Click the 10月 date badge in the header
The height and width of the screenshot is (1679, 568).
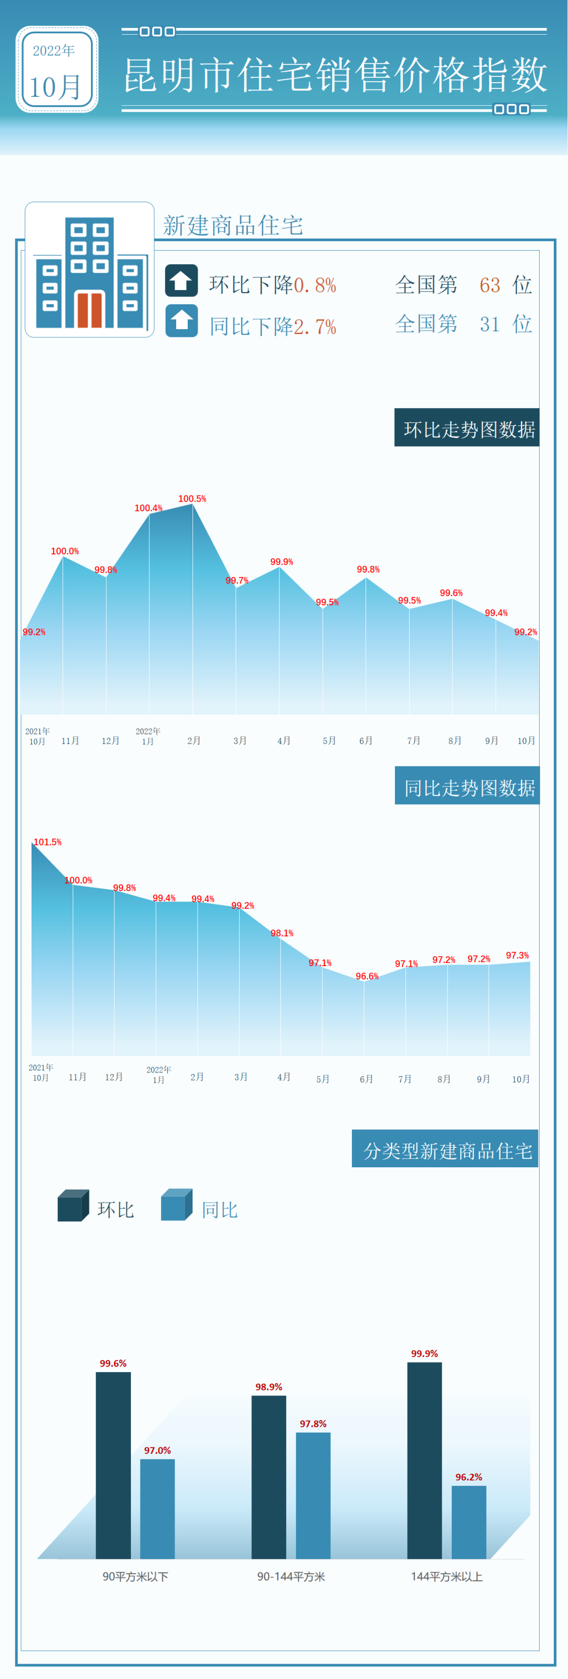(57, 69)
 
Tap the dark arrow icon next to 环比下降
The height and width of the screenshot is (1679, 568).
(181, 280)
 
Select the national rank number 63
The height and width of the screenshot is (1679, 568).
(490, 285)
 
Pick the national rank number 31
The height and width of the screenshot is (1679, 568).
(490, 324)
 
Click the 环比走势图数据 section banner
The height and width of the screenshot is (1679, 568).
(467, 428)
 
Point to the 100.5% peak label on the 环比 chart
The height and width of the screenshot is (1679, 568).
(192, 499)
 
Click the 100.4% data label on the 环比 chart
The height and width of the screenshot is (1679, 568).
(148, 508)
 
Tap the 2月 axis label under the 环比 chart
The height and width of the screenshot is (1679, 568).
(194, 740)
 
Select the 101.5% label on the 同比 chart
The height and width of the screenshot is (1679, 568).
(47, 842)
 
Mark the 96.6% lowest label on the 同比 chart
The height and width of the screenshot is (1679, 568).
(367, 976)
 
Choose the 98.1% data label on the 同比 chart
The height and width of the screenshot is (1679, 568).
(282, 933)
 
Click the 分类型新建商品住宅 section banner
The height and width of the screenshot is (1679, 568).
(445, 1150)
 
